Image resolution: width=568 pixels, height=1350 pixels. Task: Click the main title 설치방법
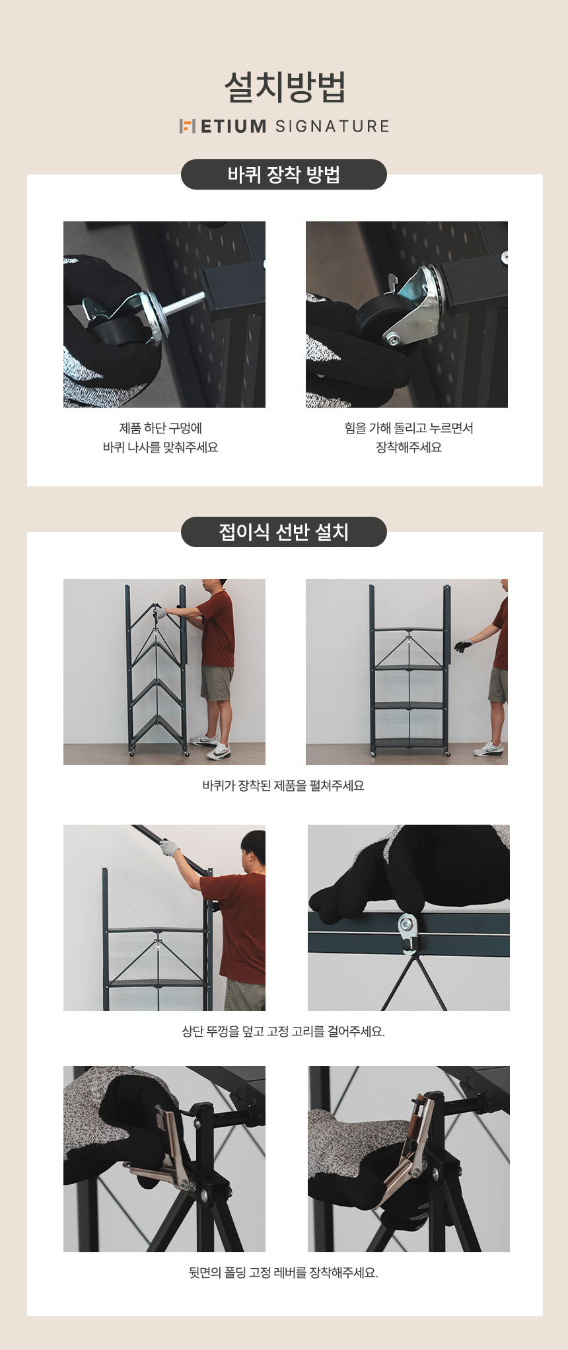284,87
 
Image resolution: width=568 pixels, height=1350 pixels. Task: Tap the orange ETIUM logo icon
188,126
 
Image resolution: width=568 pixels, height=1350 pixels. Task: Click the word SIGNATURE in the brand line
332,126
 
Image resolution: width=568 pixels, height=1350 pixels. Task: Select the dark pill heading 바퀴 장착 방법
284,174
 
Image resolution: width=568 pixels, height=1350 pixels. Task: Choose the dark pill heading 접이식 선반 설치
284,532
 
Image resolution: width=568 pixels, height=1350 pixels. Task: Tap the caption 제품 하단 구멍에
160,428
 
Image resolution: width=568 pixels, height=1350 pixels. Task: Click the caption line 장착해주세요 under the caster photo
409,447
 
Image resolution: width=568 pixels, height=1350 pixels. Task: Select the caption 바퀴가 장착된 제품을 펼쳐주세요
283,786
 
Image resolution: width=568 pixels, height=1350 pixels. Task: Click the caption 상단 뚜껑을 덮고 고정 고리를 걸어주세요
283,1031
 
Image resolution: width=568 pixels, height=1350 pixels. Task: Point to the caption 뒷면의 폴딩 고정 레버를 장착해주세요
283,1272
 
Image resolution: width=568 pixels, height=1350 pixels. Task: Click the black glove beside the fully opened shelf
463,646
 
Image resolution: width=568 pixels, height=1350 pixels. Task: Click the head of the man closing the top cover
254,848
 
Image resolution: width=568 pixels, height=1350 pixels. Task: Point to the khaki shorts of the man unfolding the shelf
217,683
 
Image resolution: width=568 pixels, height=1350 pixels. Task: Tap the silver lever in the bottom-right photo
410,1150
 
